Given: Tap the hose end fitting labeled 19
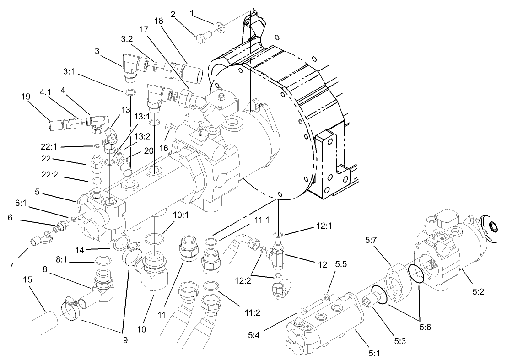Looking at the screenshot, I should (59, 124).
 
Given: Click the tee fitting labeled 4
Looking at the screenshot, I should (97, 121).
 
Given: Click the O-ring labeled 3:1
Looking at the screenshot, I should (129, 93).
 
